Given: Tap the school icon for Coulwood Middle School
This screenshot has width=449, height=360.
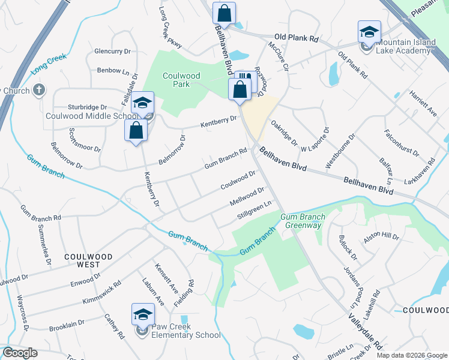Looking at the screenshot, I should (x=143, y=103).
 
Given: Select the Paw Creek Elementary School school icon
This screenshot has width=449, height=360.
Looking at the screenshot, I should (x=143, y=315).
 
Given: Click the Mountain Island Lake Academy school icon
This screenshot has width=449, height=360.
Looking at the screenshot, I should (x=369, y=32).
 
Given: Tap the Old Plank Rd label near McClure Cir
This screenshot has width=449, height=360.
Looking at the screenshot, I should (x=296, y=38).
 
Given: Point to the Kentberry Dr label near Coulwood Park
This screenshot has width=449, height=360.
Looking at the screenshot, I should (x=218, y=122).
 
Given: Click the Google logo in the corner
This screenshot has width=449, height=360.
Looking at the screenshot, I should (x=20, y=353).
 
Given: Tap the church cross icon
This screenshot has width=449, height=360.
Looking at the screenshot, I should (x=39, y=91).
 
